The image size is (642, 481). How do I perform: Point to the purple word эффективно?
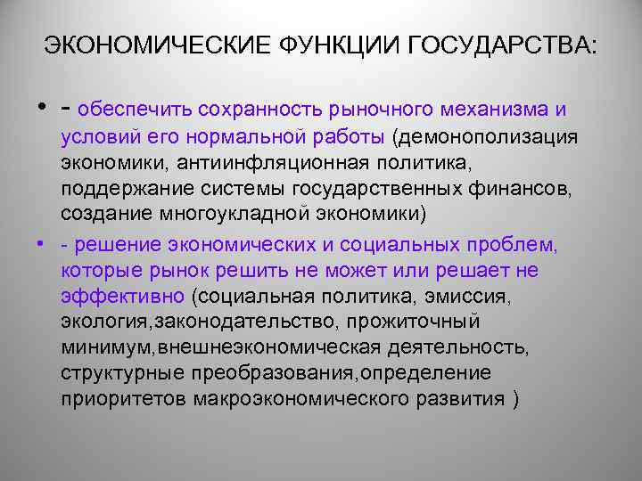tap(120, 295)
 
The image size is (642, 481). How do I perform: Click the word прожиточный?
tap(422, 320)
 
